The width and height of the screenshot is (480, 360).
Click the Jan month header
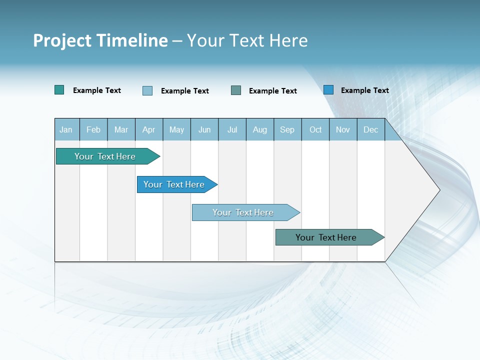click(66, 130)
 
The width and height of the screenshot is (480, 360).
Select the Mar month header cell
click(121, 130)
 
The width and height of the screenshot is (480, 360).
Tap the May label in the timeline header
click(176, 130)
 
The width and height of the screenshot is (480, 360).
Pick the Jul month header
click(232, 130)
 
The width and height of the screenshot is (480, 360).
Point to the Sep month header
click(287, 130)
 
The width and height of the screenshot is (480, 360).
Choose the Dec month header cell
click(370, 130)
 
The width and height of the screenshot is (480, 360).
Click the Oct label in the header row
click(315, 130)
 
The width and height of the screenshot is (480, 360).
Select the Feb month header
click(93, 130)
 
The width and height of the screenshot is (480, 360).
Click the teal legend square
click(59, 90)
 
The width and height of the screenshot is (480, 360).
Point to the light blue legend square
click(147, 90)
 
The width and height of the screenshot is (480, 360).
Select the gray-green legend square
click(236, 90)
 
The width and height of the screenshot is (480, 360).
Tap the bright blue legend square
click(328, 90)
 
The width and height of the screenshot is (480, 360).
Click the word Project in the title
click(62, 40)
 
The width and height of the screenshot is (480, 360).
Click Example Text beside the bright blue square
click(364, 90)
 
